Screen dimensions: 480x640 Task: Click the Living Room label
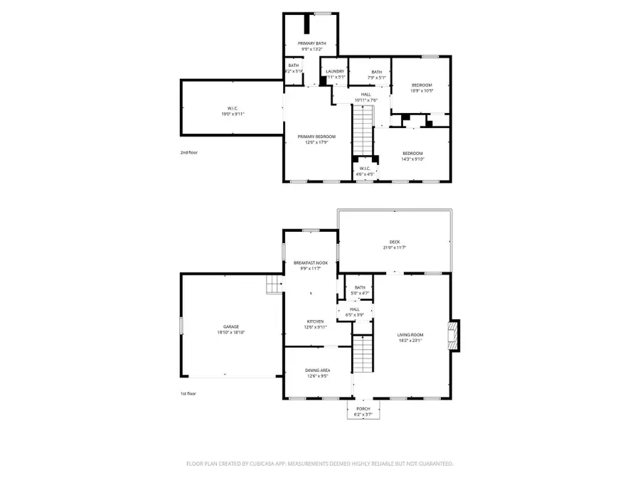pyautogui.click(x=410, y=337)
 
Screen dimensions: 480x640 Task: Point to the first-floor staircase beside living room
pyautogui.click(x=363, y=354)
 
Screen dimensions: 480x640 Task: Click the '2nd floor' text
pyautogui.click(x=188, y=152)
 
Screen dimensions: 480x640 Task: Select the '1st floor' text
pyautogui.click(x=188, y=393)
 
